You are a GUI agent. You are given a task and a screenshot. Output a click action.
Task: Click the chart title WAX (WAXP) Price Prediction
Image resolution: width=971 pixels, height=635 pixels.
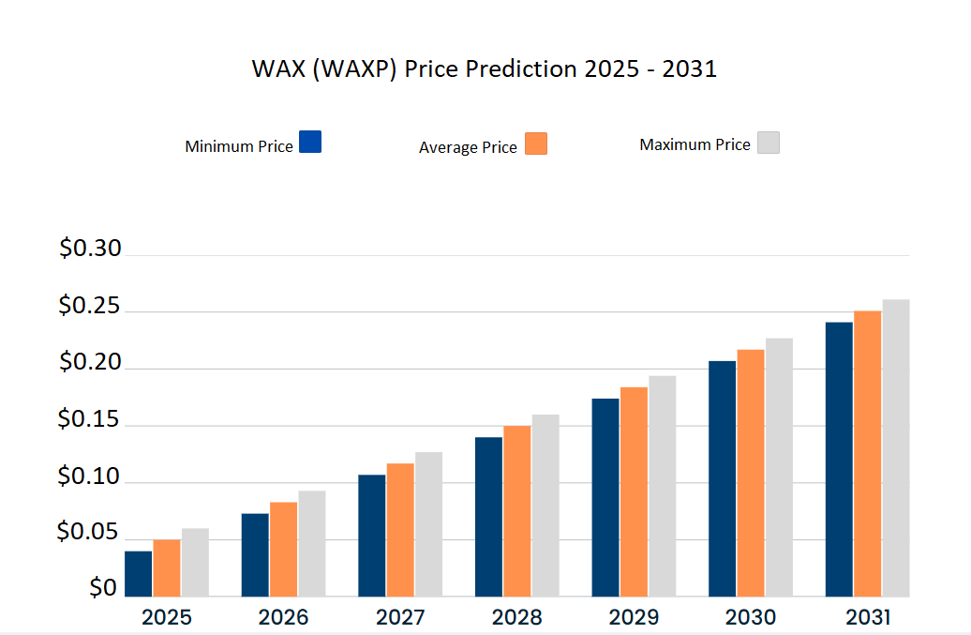pyautogui.click(x=484, y=69)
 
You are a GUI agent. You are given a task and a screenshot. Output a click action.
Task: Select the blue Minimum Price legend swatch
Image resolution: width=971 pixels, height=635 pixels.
pyautogui.click(x=310, y=142)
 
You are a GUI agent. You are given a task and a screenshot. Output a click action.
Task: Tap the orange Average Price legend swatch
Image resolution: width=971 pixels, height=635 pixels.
pyautogui.click(x=536, y=144)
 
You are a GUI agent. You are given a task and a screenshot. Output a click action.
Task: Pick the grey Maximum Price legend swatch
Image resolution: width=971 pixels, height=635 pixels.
pyautogui.click(x=769, y=143)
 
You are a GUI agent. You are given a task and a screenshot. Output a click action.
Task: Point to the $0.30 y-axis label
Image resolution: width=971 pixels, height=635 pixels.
pyautogui.click(x=90, y=249)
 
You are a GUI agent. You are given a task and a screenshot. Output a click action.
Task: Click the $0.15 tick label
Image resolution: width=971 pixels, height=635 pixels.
pyautogui.click(x=90, y=420)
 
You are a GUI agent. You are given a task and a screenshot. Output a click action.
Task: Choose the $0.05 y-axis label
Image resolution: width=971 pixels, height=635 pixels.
pyautogui.click(x=90, y=534)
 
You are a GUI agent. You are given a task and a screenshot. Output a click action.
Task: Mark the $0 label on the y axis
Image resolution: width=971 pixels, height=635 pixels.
pyautogui.click(x=103, y=588)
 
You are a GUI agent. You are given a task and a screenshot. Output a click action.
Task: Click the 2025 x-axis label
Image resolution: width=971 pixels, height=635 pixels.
pyautogui.click(x=167, y=618)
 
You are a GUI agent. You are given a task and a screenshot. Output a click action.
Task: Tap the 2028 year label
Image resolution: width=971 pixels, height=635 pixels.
pyautogui.click(x=516, y=618)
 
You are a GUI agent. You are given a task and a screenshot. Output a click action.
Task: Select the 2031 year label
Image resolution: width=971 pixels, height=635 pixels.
pyautogui.click(x=867, y=618)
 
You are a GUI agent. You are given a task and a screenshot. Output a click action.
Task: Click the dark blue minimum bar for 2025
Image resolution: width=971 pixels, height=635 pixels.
pyautogui.click(x=139, y=573)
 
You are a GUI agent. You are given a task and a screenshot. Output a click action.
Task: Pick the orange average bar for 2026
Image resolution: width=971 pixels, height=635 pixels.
pyautogui.click(x=283, y=549)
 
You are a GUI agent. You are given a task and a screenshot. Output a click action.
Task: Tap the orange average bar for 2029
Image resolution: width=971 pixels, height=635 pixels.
pyautogui.click(x=634, y=491)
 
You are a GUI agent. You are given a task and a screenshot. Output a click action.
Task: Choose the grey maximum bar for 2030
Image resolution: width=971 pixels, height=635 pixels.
pyautogui.click(x=778, y=467)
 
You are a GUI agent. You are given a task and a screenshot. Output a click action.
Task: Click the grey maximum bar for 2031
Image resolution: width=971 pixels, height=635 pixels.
pyautogui.click(x=895, y=447)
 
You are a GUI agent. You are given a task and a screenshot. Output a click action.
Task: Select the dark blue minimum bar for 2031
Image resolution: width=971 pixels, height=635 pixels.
pyautogui.click(x=839, y=459)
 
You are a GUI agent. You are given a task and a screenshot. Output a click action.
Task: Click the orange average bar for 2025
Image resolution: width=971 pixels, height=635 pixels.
pyautogui.click(x=167, y=567)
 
